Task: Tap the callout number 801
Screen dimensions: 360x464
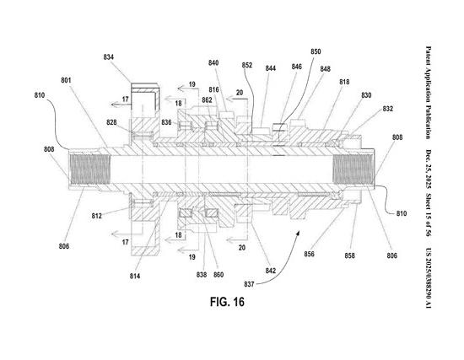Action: [x=66, y=81]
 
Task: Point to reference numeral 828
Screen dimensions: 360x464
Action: [x=111, y=123]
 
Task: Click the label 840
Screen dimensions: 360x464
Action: [x=213, y=63]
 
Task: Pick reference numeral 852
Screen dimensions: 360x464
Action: [x=247, y=64]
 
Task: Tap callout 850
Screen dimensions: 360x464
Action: [x=316, y=51]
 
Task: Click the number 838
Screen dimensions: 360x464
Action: [x=202, y=275]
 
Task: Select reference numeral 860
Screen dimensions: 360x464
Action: [x=220, y=275]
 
